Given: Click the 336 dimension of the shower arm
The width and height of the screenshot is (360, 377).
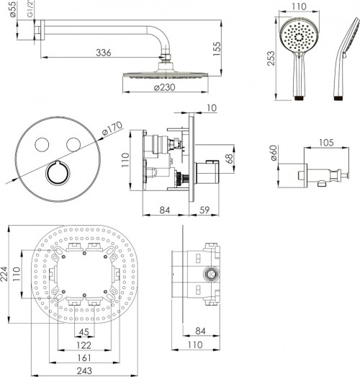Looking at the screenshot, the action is point(104,53).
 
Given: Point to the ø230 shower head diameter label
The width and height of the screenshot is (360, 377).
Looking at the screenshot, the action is point(164,87).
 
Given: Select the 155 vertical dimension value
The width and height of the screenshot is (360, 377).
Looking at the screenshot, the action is point(217,49).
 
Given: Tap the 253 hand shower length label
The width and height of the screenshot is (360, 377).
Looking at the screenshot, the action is point(271,58).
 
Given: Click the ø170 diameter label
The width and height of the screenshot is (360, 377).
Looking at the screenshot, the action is point(112,129).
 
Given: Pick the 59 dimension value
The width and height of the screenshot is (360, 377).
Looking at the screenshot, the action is point(204,210).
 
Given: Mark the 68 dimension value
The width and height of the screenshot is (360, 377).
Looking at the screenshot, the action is point(230,159).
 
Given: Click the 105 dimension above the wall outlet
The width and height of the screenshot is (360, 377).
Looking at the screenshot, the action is point(326,143).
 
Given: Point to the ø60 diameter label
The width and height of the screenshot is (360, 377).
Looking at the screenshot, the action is point(274,153).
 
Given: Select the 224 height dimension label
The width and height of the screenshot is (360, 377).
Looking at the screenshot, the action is point(4,274).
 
